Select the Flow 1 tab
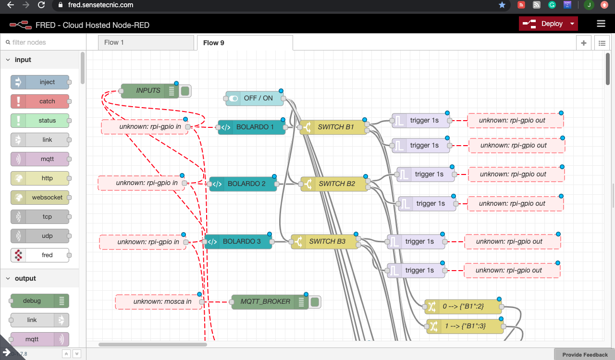146,42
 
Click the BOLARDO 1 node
252,127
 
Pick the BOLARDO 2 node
243,184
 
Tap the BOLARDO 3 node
238,241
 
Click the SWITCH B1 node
333,127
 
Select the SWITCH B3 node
325,241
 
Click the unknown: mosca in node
159,302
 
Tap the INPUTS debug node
148,90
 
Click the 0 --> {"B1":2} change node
463,306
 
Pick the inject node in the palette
40,82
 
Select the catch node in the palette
40,101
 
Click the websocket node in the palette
40,198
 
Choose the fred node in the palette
40,255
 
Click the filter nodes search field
43,42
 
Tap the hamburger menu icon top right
601,24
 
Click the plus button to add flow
584,43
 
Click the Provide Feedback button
585,355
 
